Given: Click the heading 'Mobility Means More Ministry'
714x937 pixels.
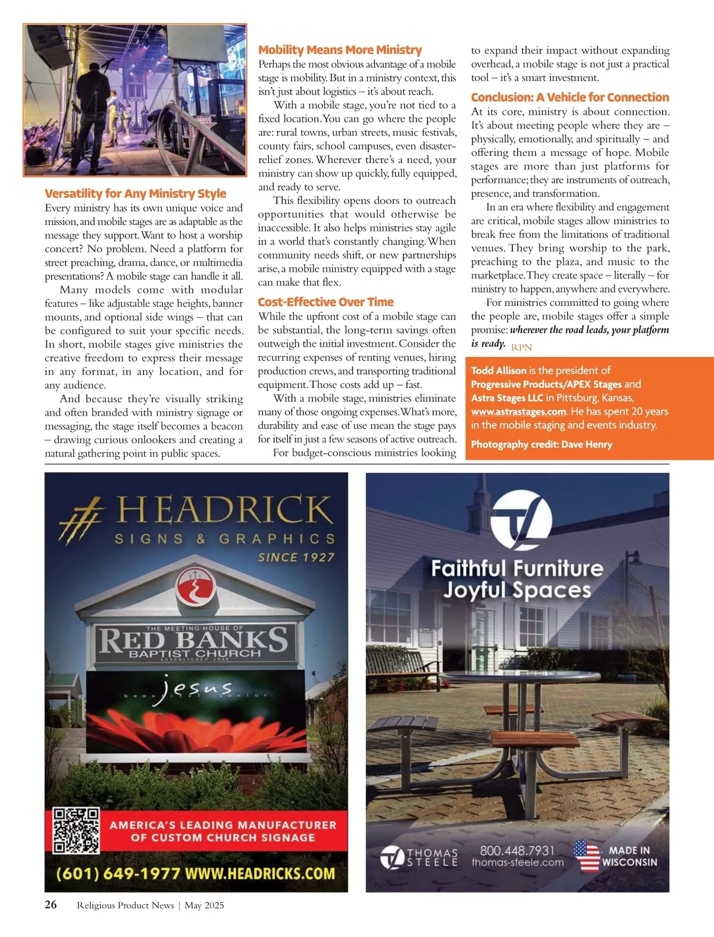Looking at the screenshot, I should click(x=340, y=50).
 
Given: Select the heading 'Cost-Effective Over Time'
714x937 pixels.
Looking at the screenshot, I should click(x=325, y=302).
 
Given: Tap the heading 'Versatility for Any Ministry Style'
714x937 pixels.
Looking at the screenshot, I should click(x=135, y=193).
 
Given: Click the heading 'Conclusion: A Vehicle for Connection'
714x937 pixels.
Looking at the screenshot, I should click(x=569, y=97).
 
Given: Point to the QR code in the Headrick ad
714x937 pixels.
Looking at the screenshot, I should click(x=76, y=831).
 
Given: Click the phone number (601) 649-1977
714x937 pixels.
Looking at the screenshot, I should click(x=118, y=874).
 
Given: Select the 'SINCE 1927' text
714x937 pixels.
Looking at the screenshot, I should click(x=296, y=557).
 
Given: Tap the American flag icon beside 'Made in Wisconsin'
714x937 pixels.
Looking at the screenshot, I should click(x=587, y=856).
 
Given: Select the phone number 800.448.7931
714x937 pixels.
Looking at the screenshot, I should click(x=516, y=851).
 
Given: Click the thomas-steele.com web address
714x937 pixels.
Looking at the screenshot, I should click(x=517, y=863).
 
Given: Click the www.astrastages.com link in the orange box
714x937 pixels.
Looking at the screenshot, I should click(x=518, y=411).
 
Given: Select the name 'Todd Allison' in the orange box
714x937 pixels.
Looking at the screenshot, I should click(x=499, y=370).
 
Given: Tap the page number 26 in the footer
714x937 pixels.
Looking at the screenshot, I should click(x=51, y=905).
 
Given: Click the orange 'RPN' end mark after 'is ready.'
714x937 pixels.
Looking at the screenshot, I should click(x=521, y=347).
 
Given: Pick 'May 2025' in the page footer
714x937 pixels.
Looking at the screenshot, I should click(x=204, y=905).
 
